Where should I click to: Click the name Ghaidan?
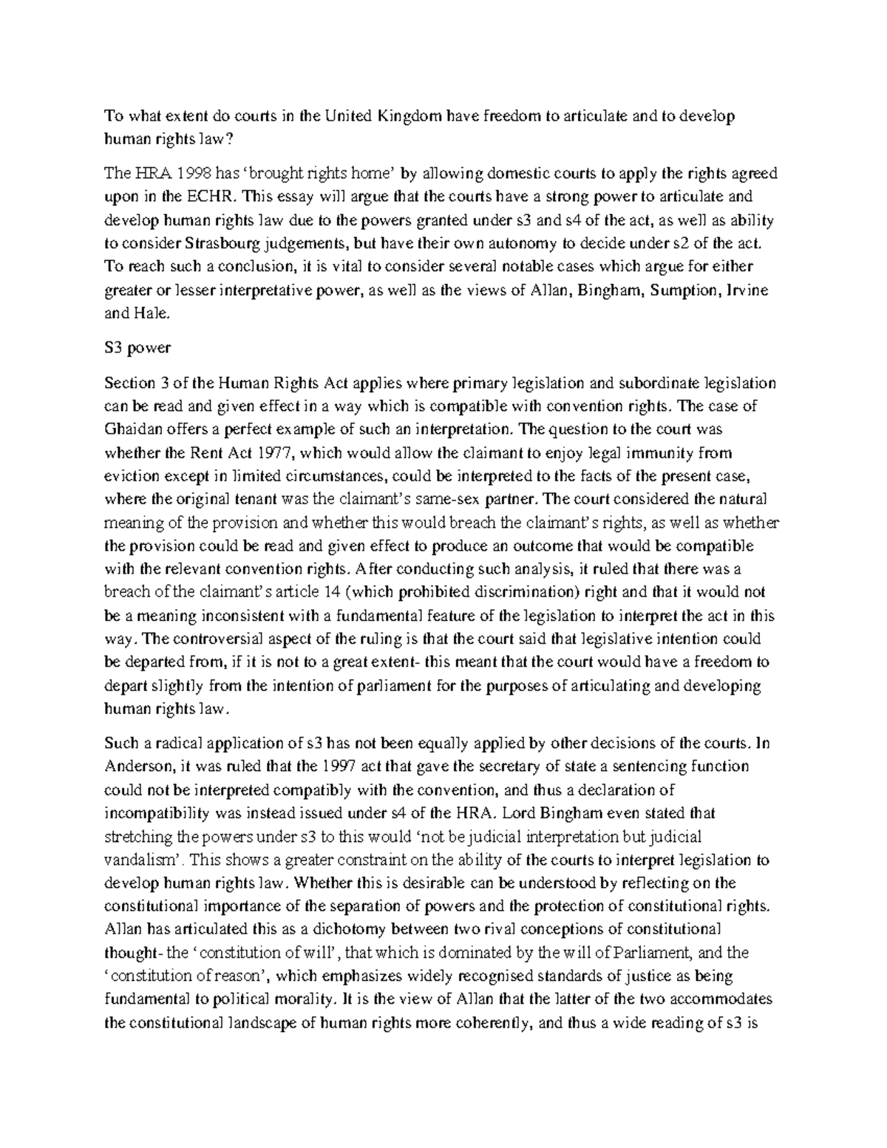point(130,429)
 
